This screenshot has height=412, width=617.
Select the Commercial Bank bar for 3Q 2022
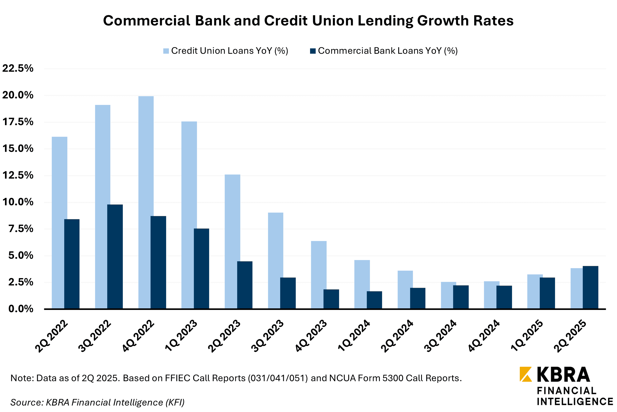[x=115, y=257]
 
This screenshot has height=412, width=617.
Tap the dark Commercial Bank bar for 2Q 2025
[x=591, y=287]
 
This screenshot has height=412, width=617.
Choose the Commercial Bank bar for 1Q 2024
[x=374, y=300]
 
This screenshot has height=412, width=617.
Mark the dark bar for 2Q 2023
[x=245, y=285]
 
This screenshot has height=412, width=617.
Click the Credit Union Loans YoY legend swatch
[x=166, y=51]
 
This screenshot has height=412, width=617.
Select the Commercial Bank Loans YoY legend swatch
[x=313, y=51]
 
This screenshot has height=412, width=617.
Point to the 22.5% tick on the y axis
[x=18, y=68]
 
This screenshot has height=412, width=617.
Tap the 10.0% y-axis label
[x=18, y=202]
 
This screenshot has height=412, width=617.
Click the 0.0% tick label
[x=21, y=309]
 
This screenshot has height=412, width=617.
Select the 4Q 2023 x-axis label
[x=311, y=336]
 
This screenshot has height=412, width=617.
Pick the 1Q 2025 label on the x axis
[x=527, y=336]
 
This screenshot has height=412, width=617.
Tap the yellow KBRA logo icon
[x=526, y=374]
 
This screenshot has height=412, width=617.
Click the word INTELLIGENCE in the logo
[x=575, y=402]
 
